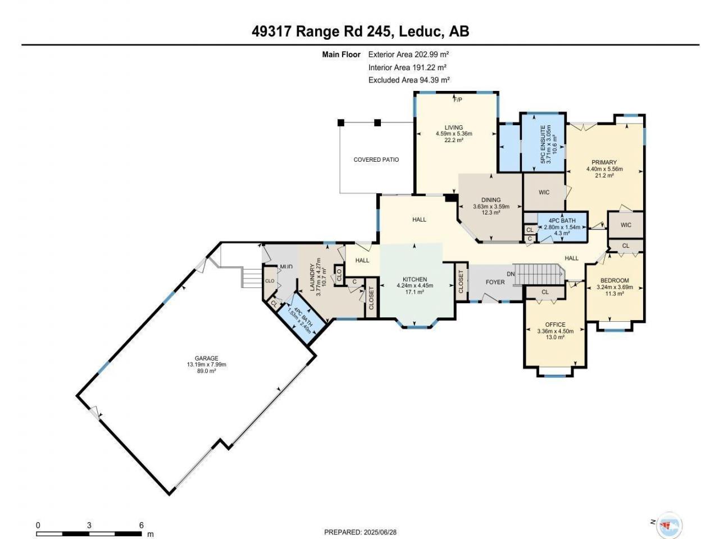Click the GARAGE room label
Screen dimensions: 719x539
[x=206, y=358]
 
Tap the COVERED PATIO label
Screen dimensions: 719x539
[x=376, y=159]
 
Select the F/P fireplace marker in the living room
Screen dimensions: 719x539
[x=458, y=99]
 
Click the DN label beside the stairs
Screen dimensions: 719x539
[x=511, y=274]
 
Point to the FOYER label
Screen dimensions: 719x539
[x=495, y=282]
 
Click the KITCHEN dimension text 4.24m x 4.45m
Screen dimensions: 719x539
[x=415, y=285]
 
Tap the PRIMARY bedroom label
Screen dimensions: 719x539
[x=604, y=162]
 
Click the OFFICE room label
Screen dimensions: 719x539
[x=555, y=325]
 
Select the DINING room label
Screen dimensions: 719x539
[x=491, y=200]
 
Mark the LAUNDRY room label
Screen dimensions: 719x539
[x=312, y=277]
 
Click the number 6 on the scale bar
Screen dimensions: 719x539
[x=141, y=526]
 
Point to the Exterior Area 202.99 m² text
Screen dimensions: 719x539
[x=408, y=54]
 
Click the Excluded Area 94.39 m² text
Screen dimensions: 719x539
[x=409, y=80]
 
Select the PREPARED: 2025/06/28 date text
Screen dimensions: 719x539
[x=360, y=532]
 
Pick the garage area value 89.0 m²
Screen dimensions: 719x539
[x=206, y=371]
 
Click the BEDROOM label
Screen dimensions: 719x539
[x=615, y=281]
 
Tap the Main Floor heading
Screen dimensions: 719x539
[x=341, y=54]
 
